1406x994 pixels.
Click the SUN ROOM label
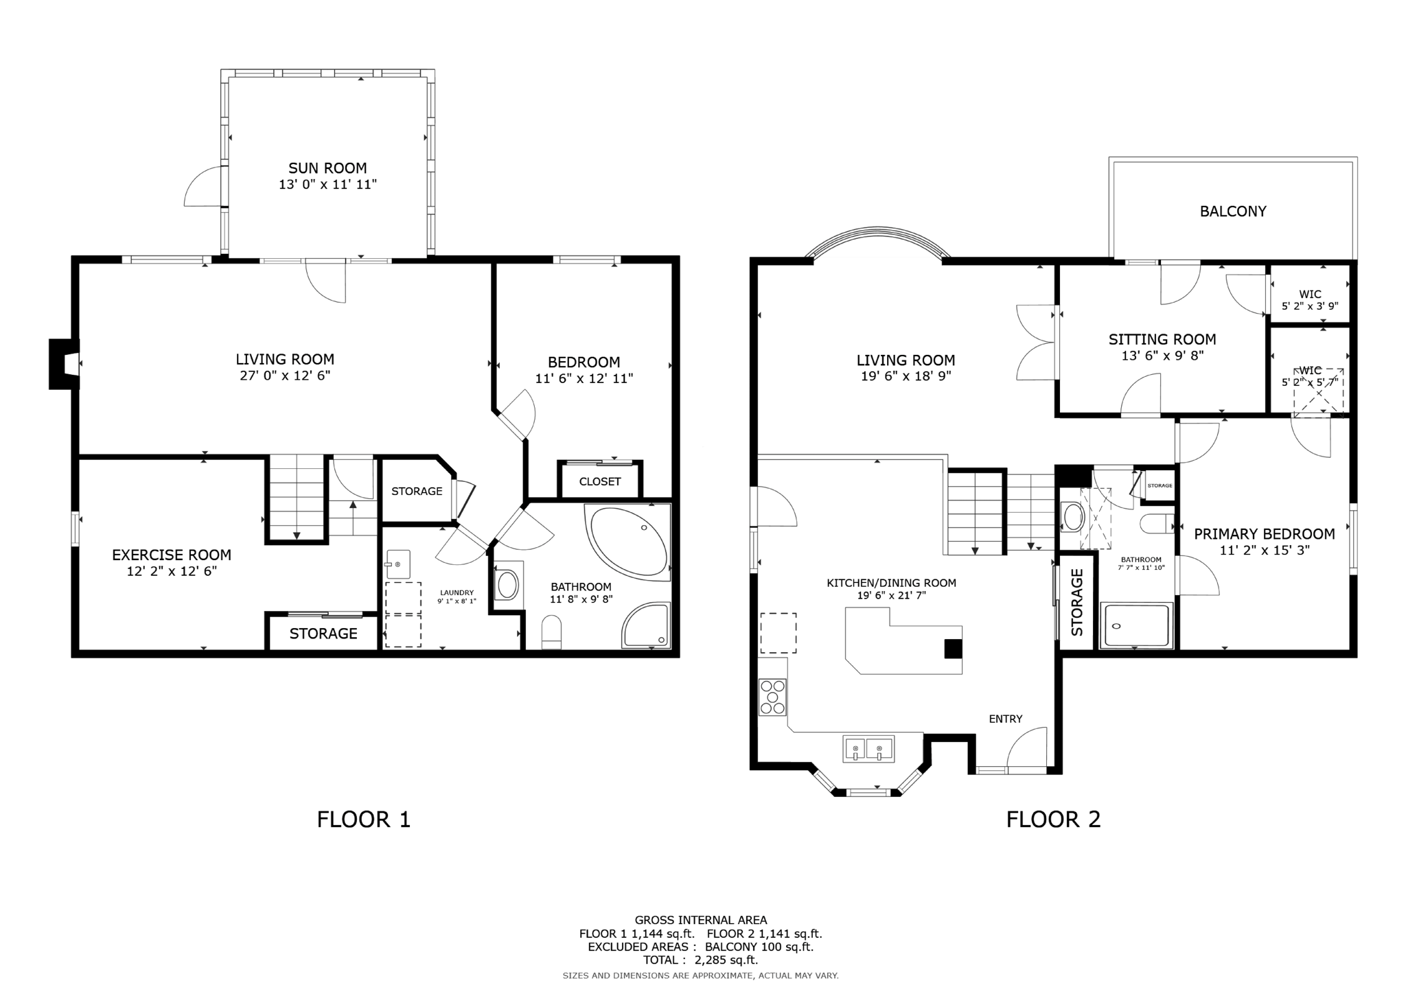(x=327, y=168)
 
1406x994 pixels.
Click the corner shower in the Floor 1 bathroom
(x=646, y=626)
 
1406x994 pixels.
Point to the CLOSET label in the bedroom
(x=599, y=482)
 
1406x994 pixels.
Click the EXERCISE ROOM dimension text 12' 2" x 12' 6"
(x=172, y=571)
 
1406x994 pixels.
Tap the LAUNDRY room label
(x=457, y=592)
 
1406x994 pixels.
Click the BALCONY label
(x=1232, y=211)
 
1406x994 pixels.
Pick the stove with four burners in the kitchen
(x=772, y=697)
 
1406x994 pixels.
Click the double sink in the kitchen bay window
(x=868, y=748)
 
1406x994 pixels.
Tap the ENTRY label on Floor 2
(x=1005, y=719)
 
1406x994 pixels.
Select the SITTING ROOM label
(x=1162, y=339)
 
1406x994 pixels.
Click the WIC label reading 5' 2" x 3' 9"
(x=1310, y=300)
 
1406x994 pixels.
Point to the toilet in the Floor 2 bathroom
(x=1157, y=524)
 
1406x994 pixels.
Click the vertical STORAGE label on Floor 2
(x=1076, y=602)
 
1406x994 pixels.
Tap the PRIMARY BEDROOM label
(x=1264, y=534)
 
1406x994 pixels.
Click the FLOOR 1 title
(x=363, y=819)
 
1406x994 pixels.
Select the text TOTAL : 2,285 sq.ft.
(x=700, y=960)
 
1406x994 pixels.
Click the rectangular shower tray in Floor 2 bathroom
(x=1136, y=625)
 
